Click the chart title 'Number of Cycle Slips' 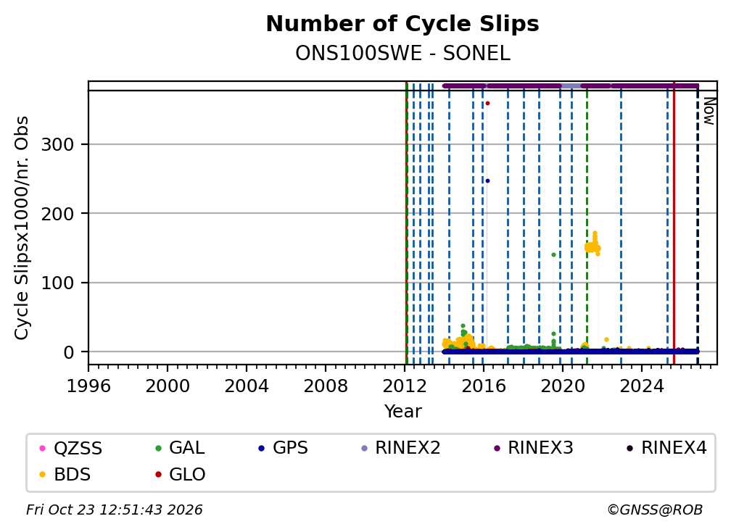coord(402,24)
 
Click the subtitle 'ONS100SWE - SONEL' coord(402,54)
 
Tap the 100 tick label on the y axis coord(57,283)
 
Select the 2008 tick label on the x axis coord(326,386)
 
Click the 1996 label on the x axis coord(88,386)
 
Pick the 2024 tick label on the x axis coord(642,386)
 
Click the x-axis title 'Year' coord(402,412)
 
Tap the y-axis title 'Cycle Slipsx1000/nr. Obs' coord(22,228)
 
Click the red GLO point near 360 coord(487,104)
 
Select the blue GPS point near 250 coord(487,180)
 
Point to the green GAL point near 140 coord(553,255)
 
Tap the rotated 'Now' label coord(709,111)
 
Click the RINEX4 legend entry coord(666,448)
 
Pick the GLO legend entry coord(181,474)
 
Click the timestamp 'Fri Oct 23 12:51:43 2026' coord(115,510)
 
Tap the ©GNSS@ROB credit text coord(655,510)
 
